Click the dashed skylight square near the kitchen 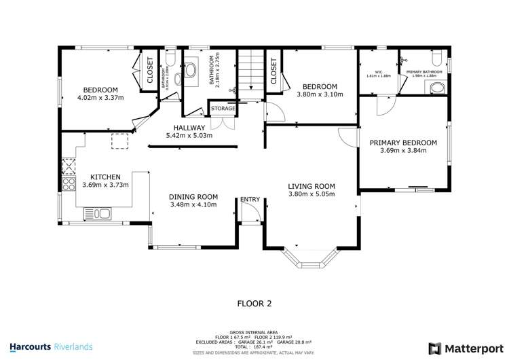tap(120, 141)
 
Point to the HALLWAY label tap(189, 127)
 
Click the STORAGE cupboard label tap(223, 109)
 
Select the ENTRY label tap(250, 199)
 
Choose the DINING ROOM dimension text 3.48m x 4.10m tap(193, 204)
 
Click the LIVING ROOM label tap(312, 186)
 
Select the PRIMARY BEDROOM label tap(403, 143)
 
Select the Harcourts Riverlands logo tap(51, 347)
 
